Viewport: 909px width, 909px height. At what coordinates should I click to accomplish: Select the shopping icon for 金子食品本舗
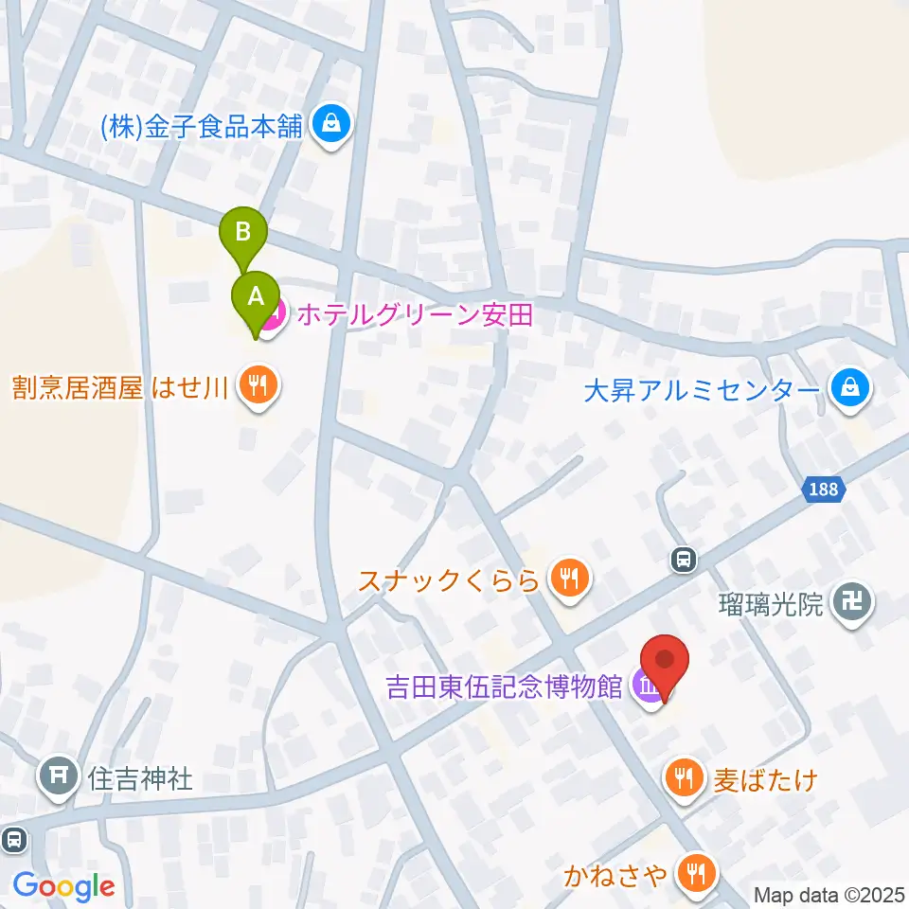tap(331, 124)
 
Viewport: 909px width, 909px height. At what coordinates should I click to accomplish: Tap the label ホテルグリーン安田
tap(415, 313)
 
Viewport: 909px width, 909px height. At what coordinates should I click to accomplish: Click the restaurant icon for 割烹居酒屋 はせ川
tap(255, 387)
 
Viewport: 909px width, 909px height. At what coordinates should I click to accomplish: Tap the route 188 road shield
tap(824, 490)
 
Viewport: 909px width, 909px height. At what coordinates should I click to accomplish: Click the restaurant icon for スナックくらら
tap(568, 577)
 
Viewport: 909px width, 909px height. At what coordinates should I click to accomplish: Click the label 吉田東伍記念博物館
tap(505, 685)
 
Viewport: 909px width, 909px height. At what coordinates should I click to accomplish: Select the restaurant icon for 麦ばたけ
tap(682, 779)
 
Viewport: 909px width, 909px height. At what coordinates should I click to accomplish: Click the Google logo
tap(63, 886)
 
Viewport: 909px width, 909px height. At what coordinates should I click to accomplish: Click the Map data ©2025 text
tap(829, 893)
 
